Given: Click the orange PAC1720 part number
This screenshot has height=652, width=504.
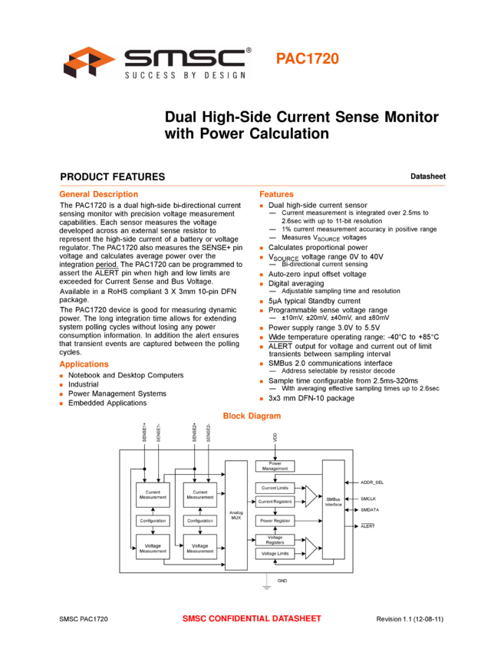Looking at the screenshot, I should (307, 59).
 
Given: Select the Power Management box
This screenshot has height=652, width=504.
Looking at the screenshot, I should (275, 466).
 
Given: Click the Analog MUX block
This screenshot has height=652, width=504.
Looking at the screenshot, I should (236, 515).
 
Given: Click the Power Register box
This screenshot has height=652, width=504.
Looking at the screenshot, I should (275, 520).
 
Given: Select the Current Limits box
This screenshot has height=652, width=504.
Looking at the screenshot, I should (275, 488).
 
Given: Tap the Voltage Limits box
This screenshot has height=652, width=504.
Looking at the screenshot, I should (275, 554).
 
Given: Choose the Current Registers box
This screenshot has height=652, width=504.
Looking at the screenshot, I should (275, 502).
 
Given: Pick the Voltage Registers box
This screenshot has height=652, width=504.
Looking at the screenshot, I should (275, 539).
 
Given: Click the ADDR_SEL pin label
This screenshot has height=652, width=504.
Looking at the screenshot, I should (372, 482).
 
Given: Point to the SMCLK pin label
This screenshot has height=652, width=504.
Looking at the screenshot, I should (368, 499).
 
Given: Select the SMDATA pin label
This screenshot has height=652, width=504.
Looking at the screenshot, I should (370, 509).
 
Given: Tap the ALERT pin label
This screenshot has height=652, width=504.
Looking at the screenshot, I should (367, 526).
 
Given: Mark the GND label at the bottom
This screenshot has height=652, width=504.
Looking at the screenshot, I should (282, 581).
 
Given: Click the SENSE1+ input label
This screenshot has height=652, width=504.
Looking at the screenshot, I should (145, 432).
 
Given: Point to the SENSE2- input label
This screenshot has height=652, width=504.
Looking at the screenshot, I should (209, 432).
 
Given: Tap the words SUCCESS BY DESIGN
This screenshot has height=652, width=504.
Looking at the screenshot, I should (185, 74).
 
